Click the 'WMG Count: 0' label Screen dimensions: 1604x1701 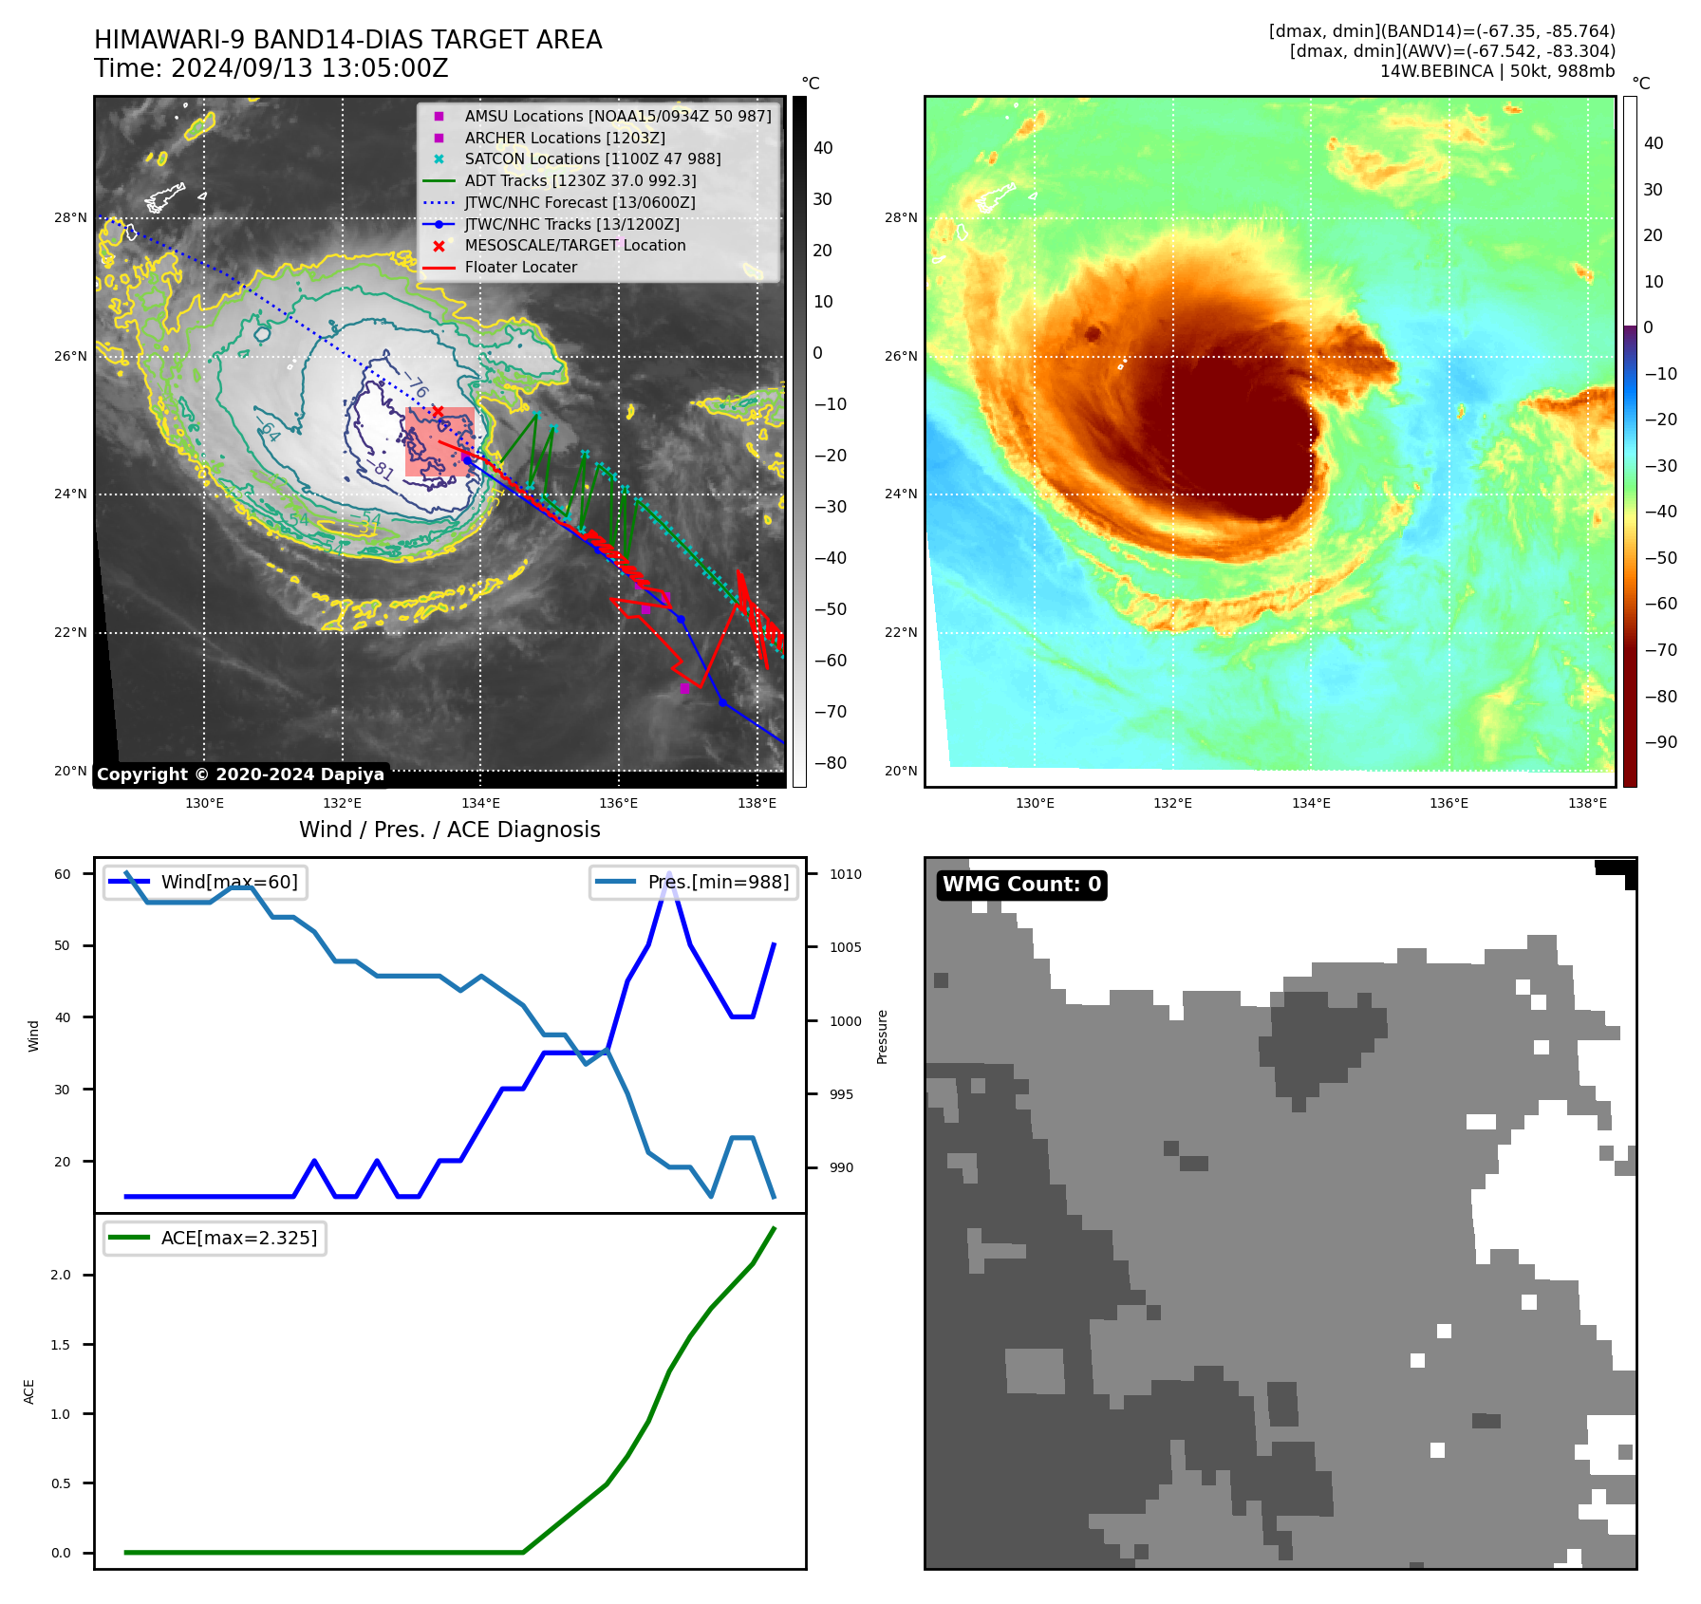point(1021,885)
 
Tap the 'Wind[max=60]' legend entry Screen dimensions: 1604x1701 point(229,882)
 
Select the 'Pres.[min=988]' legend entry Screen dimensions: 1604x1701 point(718,882)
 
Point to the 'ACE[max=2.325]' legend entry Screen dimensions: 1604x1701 point(238,1238)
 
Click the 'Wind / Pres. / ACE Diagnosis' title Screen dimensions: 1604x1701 point(449,830)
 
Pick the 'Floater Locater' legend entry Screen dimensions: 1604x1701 point(520,268)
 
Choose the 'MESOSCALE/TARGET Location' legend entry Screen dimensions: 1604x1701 point(574,246)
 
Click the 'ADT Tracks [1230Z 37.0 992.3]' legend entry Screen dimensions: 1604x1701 point(580,180)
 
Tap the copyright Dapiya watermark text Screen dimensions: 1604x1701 point(240,774)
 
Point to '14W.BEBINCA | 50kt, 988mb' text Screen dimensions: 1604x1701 point(1497,71)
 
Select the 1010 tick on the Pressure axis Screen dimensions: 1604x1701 point(845,874)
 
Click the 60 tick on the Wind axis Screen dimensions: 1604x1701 point(63,874)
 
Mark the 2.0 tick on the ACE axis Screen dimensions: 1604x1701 point(61,1275)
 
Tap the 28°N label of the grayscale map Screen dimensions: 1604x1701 point(70,217)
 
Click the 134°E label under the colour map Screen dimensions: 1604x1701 point(1311,803)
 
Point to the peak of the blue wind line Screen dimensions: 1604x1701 point(669,873)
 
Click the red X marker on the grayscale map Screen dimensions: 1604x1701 point(438,411)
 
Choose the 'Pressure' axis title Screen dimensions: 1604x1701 point(882,1036)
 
